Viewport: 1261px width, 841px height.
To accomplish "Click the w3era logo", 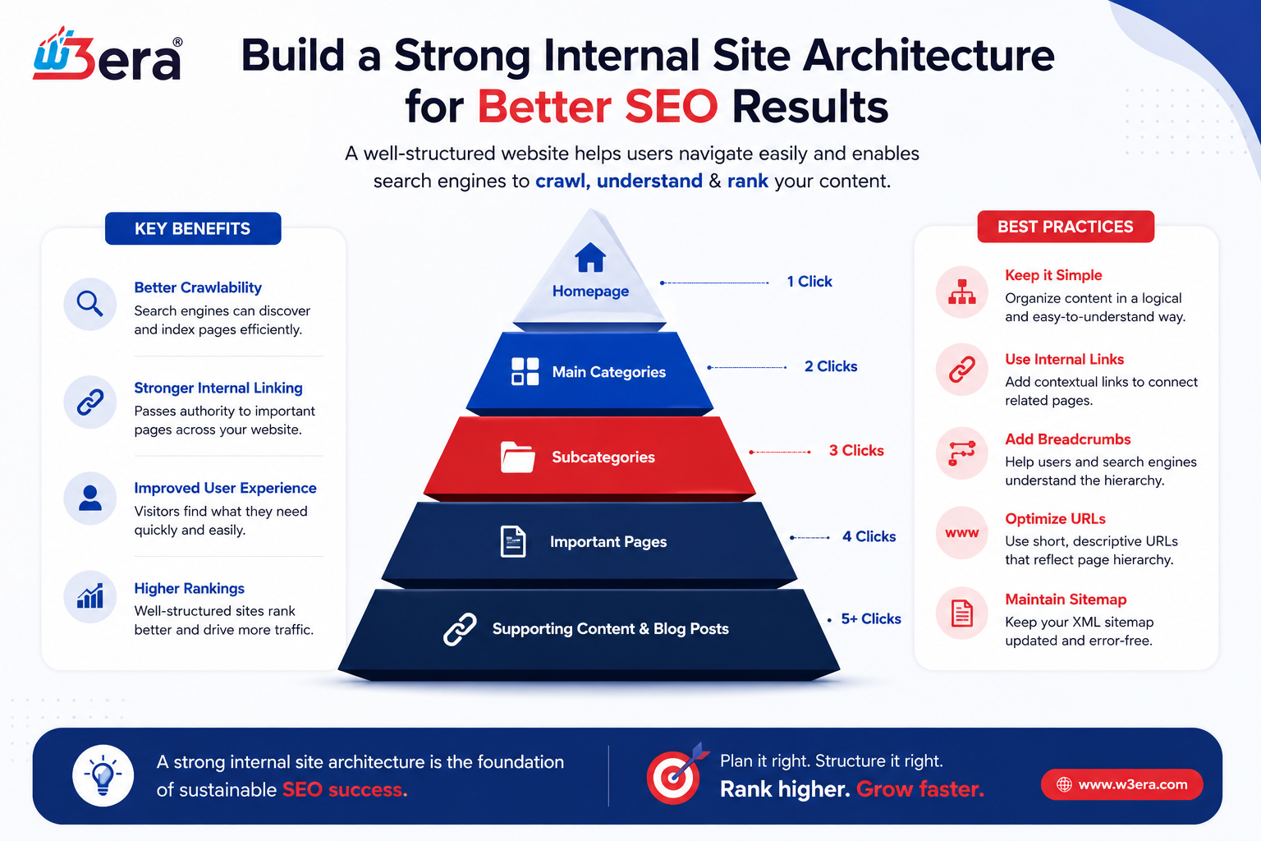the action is click(x=108, y=54).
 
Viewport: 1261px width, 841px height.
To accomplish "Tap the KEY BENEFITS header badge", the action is click(x=193, y=228).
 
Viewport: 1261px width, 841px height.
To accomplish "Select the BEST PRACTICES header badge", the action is click(x=1066, y=227).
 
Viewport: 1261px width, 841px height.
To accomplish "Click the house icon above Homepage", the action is click(x=590, y=257).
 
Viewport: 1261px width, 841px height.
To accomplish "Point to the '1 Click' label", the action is click(x=809, y=282).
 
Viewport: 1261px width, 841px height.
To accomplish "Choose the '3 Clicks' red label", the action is click(x=856, y=451).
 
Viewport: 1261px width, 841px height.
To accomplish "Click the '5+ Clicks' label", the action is click(x=871, y=619).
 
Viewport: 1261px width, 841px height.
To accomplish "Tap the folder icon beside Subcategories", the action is click(x=517, y=457).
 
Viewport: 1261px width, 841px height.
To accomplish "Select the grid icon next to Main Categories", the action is click(x=525, y=372).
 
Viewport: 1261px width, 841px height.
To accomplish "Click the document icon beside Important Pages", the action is click(x=513, y=542).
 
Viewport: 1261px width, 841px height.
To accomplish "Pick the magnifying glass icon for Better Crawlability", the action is click(x=90, y=304).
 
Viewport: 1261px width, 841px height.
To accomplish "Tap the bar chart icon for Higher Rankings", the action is click(x=90, y=596).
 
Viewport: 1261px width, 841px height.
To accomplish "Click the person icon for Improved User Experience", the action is click(x=90, y=499).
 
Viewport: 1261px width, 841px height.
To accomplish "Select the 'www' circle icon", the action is click(x=962, y=533).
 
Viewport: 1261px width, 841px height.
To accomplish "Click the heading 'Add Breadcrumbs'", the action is click(x=1068, y=439).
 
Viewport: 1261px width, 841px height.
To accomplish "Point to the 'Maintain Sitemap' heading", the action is click(x=1066, y=600).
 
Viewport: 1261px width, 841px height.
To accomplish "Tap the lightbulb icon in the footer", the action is click(x=103, y=775).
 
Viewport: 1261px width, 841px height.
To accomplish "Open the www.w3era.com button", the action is click(x=1122, y=784).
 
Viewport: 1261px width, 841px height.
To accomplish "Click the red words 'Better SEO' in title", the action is click(x=598, y=107).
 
